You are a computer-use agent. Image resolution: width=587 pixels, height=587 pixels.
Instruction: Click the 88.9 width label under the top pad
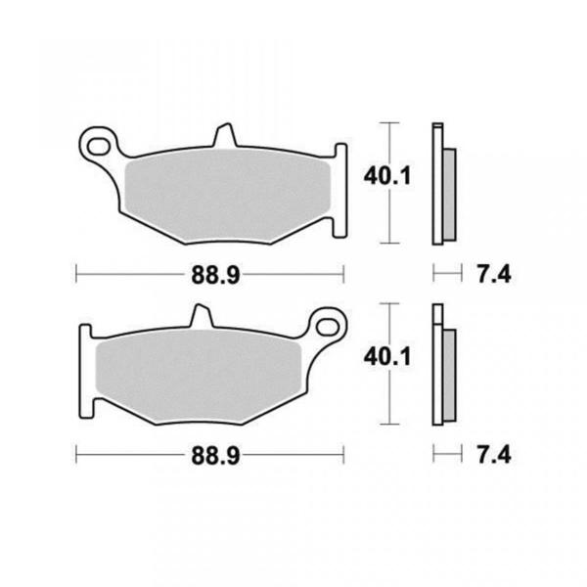215,276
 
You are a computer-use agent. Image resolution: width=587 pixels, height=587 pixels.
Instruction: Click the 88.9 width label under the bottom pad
215,456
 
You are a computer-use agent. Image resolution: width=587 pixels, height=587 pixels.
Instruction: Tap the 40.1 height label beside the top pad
387,176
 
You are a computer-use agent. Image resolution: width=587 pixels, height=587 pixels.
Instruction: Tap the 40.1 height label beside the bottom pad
387,356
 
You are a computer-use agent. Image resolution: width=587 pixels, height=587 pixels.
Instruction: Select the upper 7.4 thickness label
494,275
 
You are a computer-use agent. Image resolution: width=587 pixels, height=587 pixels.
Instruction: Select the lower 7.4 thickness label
494,456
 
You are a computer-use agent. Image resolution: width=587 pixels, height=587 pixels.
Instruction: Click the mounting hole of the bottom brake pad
328,327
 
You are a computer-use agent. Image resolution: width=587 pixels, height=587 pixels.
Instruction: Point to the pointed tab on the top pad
225,135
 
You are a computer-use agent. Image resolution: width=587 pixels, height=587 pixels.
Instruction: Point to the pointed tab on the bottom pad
202,316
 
